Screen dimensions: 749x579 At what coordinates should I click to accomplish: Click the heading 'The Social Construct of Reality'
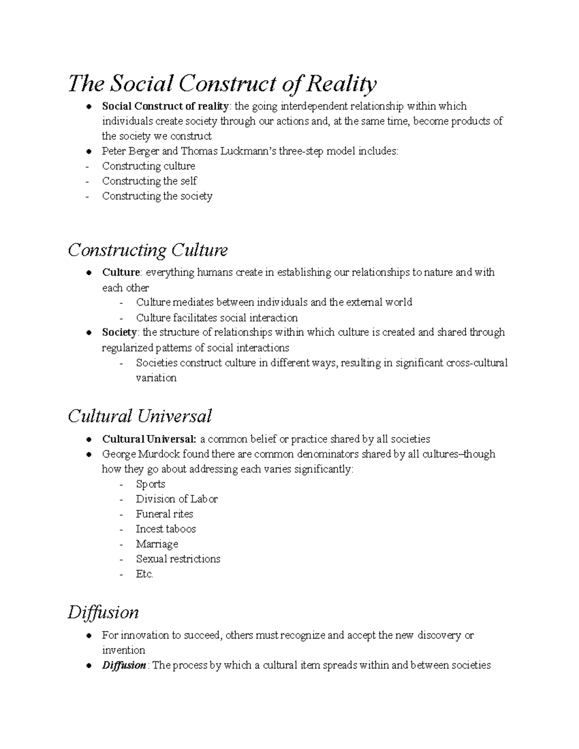tap(222, 84)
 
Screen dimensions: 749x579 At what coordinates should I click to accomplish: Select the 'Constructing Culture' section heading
tap(148, 250)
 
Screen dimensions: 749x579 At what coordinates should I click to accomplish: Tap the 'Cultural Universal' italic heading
tap(140, 416)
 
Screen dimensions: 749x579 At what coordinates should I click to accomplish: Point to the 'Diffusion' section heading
tap(103, 613)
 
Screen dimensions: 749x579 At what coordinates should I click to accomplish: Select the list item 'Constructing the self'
tap(150, 181)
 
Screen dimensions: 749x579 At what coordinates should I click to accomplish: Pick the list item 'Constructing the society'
tap(157, 196)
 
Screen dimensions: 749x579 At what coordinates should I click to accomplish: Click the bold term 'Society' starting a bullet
tap(119, 333)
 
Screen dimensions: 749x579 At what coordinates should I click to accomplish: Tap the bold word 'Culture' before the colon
tap(121, 272)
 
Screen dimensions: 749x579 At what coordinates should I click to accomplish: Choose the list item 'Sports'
tap(151, 484)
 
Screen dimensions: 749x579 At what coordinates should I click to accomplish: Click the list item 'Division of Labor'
tap(177, 499)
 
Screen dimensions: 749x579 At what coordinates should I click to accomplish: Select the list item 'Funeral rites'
tap(165, 514)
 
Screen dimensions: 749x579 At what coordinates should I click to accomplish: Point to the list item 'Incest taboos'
tap(165, 529)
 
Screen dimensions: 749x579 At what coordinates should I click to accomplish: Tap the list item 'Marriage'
tap(157, 544)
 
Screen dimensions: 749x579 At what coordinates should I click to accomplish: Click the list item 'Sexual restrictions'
tap(178, 559)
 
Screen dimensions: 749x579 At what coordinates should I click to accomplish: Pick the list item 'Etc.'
tap(144, 574)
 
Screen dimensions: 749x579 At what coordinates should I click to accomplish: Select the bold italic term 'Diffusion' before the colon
tap(124, 666)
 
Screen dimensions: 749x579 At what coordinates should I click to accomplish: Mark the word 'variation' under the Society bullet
tap(156, 378)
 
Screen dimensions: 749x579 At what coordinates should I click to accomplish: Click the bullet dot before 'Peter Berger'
tap(90, 151)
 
